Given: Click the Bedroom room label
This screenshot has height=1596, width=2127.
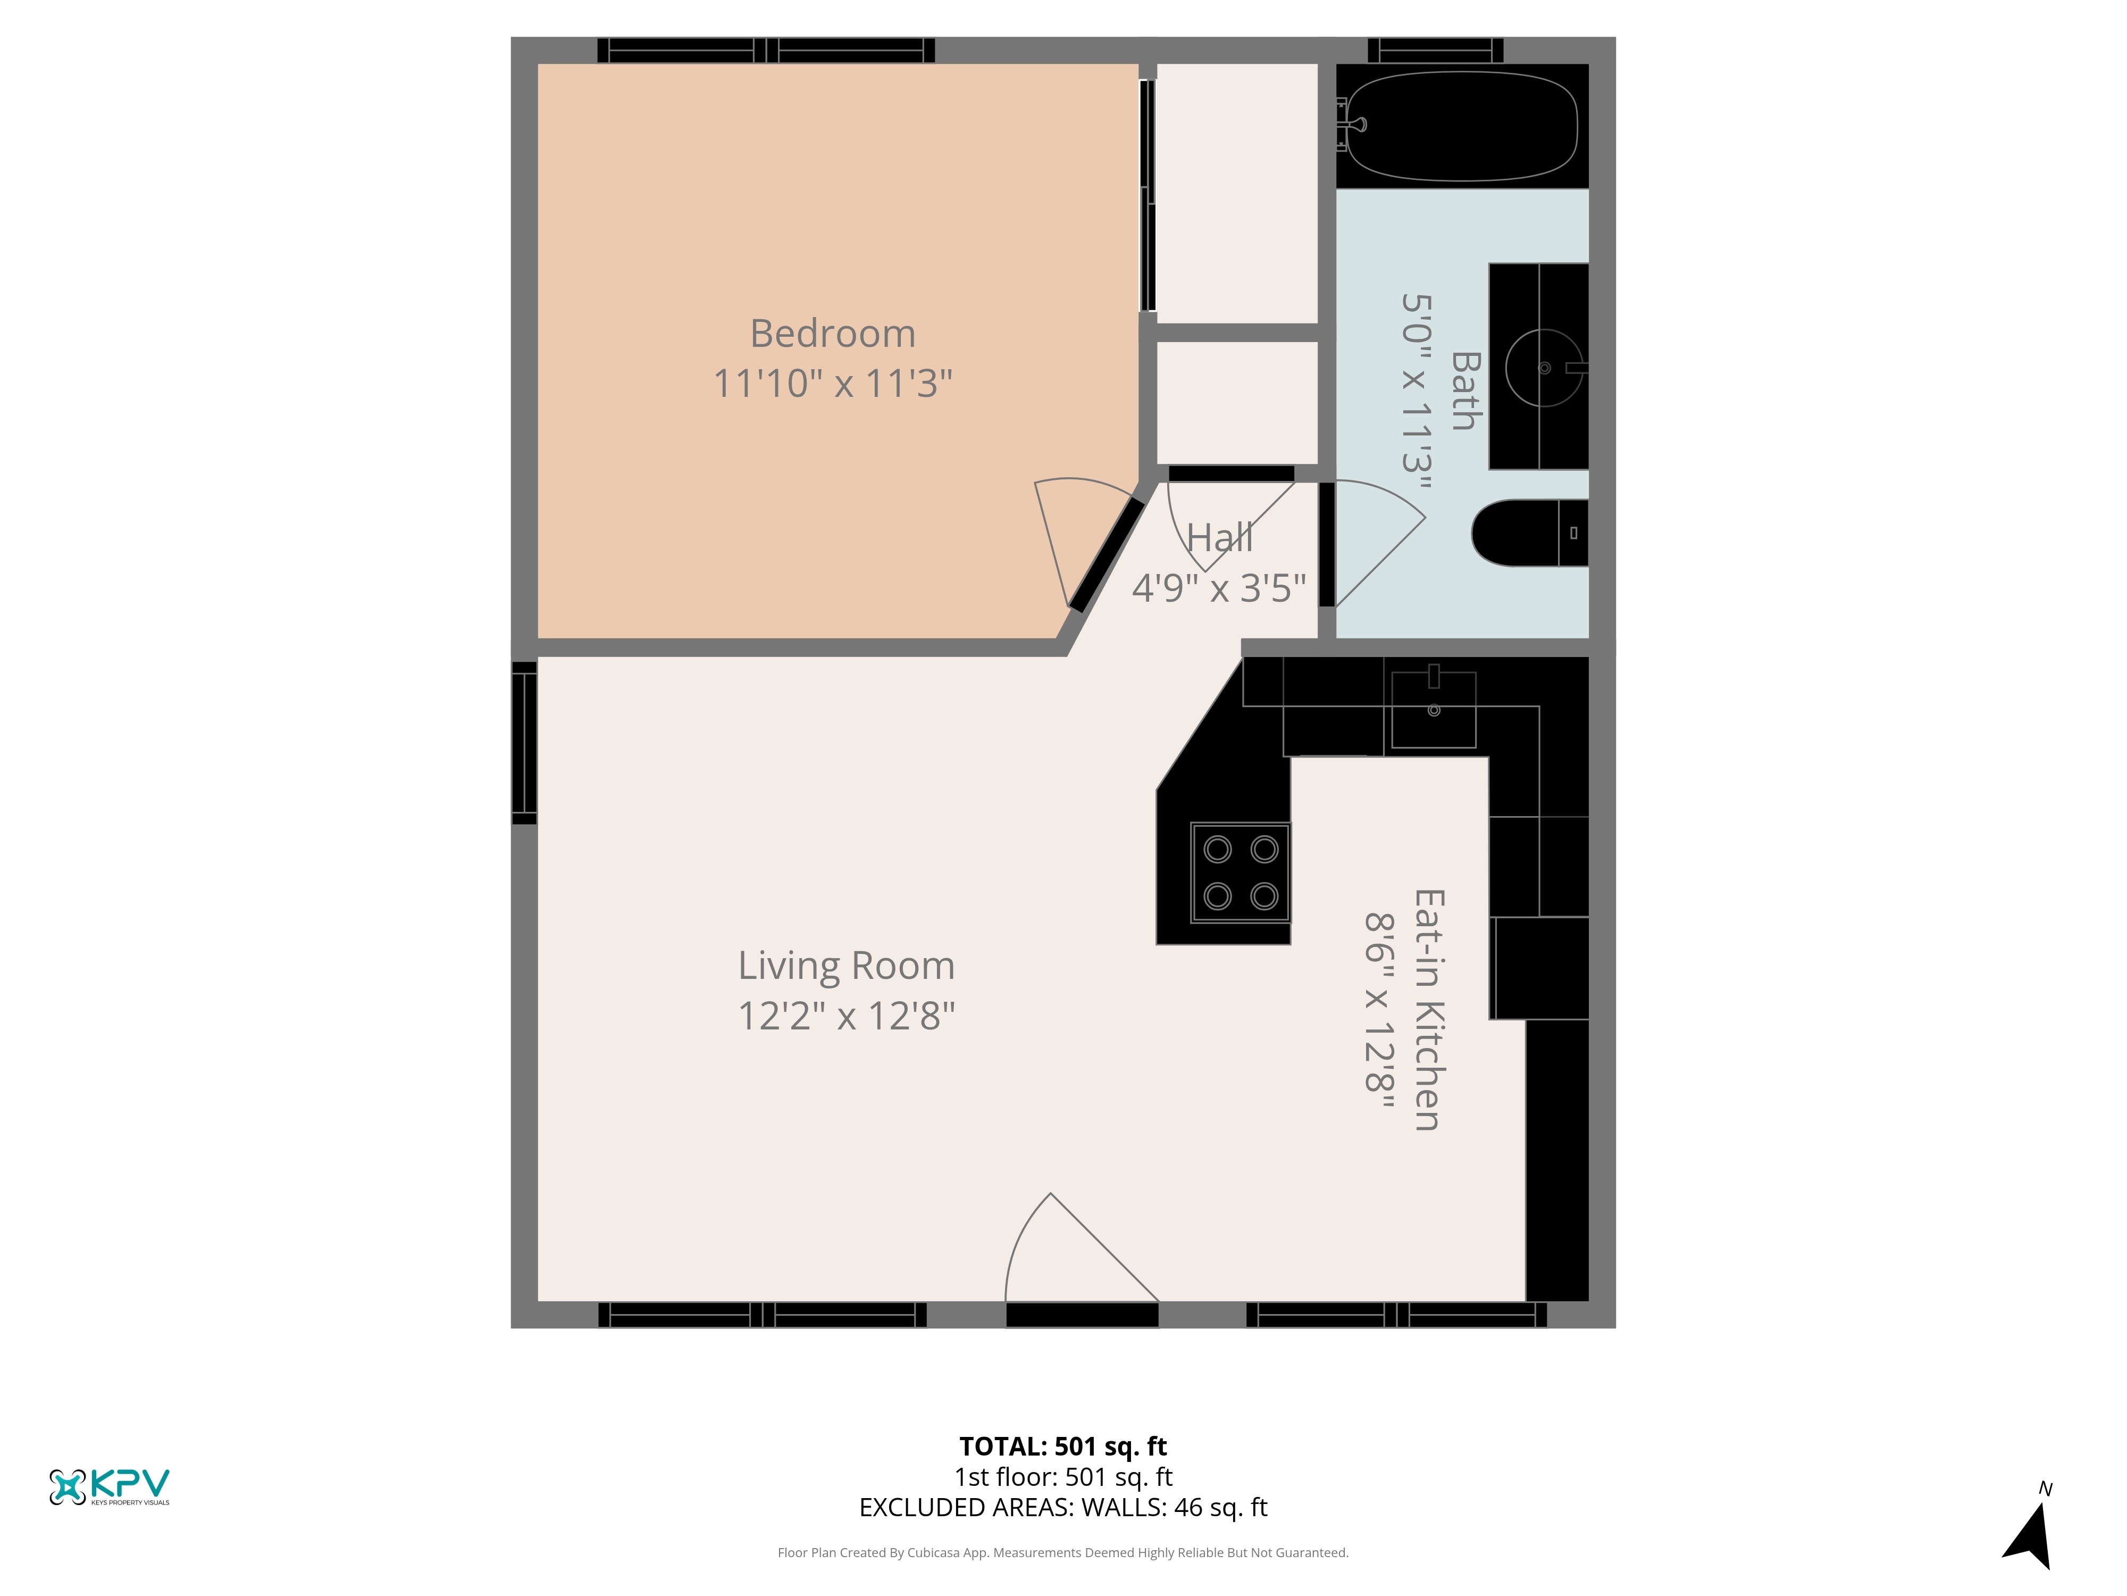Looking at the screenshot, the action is click(x=833, y=334).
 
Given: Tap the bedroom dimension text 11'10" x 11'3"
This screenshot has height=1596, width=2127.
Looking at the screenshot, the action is click(x=833, y=383).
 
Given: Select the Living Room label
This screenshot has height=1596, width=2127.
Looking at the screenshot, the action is click(x=846, y=967).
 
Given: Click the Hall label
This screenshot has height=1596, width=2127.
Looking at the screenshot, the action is click(x=1219, y=538).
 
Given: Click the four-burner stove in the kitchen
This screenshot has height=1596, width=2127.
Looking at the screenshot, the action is click(x=1241, y=872).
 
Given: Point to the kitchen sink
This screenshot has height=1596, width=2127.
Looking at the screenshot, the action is click(x=1434, y=709).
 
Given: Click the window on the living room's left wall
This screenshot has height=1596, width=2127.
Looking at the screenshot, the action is click(x=524, y=743).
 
